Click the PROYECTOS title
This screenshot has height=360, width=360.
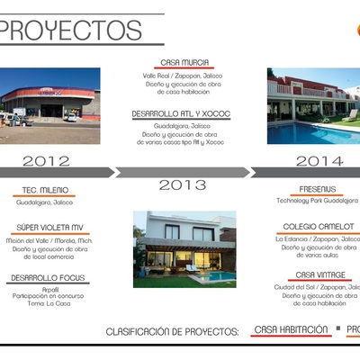(x=72, y=31)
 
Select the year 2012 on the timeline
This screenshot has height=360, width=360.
(x=46, y=161)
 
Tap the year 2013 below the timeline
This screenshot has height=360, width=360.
(x=183, y=185)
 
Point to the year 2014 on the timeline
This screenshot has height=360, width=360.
(x=320, y=161)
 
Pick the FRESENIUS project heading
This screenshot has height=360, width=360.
(x=317, y=189)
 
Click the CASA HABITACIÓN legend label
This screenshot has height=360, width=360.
(x=291, y=330)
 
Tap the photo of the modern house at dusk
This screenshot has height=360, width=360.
(x=184, y=249)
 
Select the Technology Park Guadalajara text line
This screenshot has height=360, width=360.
(x=317, y=201)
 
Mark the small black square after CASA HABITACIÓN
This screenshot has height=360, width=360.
(x=338, y=329)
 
